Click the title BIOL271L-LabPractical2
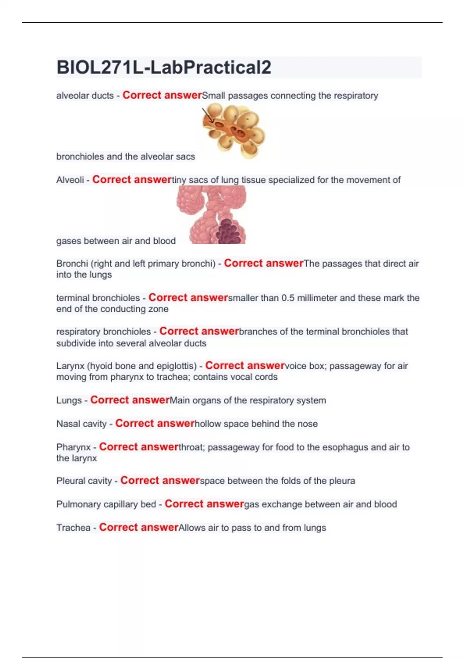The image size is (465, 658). pos(164,67)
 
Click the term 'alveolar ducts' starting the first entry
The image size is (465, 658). pos(85,96)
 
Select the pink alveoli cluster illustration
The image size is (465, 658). pos(212,214)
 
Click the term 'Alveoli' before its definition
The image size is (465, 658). pos(70,180)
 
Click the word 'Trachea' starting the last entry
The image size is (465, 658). pos(73,528)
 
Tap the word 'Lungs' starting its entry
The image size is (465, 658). pos(69,400)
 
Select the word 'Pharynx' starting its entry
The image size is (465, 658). pos(73,447)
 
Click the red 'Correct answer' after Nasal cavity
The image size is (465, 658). pos(155,423)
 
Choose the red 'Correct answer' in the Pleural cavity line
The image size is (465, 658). pos(160,481)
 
